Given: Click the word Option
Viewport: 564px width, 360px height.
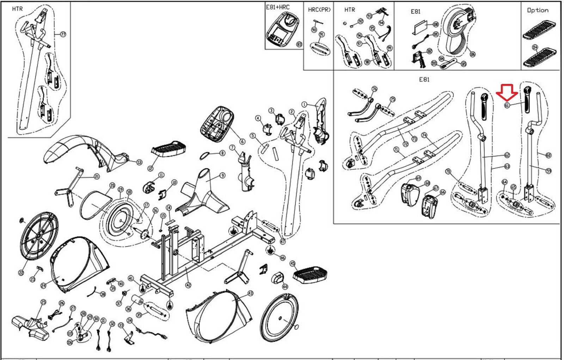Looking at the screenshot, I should pyautogui.click(x=538, y=10).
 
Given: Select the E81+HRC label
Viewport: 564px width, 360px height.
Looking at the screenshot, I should pyautogui.click(x=278, y=7).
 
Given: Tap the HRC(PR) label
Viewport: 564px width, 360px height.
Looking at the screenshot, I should pyautogui.click(x=319, y=10).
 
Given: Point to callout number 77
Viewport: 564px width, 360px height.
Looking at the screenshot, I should pyautogui.click(x=63, y=34).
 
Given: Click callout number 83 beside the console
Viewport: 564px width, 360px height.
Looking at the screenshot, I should pyautogui.click(x=299, y=44).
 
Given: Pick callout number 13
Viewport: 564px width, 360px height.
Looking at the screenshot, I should pyautogui.click(x=139, y=162).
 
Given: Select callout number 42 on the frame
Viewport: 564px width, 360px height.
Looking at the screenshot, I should pyautogui.click(x=188, y=285).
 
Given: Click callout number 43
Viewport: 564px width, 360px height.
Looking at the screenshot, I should pyautogui.click(x=250, y=293).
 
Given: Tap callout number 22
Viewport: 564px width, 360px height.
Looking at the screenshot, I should pyautogui.click(x=21, y=273).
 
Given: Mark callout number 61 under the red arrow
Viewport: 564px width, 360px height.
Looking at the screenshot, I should pyautogui.click(x=507, y=105).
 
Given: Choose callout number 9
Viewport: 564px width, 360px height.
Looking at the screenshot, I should pyautogui.click(x=222, y=176).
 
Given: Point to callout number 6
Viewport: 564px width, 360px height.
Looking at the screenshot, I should pyautogui.click(x=242, y=142).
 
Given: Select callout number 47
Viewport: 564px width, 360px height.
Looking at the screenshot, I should pyautogui.click(x=283, y=242).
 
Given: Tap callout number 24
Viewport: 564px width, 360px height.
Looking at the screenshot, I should pyautogui.click(x=43, y=286).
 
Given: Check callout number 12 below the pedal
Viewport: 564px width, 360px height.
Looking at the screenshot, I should pyautogui.click(x=151, y=168).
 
